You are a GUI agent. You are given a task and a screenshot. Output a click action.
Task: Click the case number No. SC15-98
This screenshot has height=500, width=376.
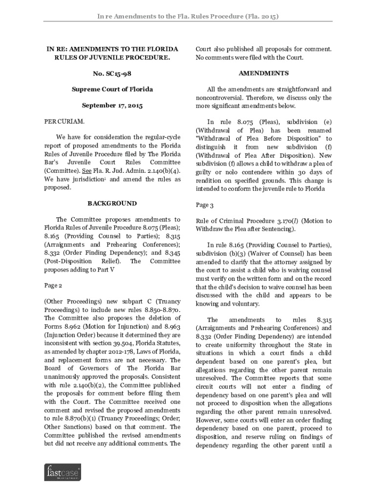112,73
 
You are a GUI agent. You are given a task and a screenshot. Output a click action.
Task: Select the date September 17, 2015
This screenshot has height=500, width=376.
112,105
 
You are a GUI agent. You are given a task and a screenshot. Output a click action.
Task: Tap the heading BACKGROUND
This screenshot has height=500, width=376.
112,203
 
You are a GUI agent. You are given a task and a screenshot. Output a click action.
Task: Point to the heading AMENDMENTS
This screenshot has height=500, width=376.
263,73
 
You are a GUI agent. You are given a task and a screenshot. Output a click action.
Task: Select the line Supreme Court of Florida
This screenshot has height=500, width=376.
112,89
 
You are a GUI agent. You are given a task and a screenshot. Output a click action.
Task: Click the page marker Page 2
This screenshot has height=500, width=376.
53,285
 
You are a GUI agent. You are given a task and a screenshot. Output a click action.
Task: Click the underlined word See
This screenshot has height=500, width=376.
86,171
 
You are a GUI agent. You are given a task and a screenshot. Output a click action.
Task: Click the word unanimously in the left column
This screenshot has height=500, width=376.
65,377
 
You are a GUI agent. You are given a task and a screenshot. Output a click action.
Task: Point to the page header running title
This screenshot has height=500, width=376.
188,17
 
